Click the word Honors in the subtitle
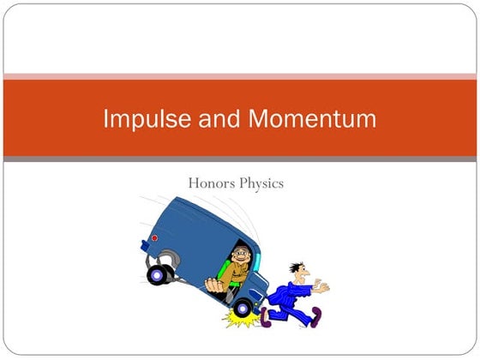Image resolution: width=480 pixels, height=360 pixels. pos(212,183)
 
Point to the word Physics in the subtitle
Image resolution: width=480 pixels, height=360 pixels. pos(262,183)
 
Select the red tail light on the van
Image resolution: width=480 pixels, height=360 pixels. pos(154,238)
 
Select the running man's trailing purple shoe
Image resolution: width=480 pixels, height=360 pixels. pos(266,318)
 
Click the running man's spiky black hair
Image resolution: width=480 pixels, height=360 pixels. pos(296,268)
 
